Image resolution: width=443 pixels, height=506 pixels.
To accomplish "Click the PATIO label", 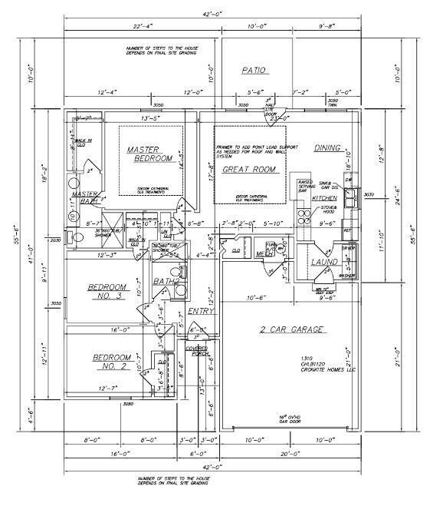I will [x=254, y=70].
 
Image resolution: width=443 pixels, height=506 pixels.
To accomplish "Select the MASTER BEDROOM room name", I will [x=151, y=154].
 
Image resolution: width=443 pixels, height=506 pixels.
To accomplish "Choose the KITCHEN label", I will [x=324, y=199].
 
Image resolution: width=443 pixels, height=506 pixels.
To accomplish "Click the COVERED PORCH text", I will [x=197, y=352].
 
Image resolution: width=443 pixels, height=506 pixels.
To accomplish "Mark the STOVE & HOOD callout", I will [x=329, y=209].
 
